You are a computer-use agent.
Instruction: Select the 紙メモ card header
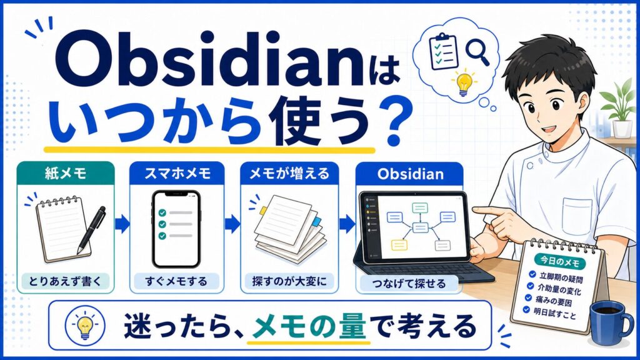coord(66,174)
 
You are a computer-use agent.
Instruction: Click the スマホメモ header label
coord(177,174)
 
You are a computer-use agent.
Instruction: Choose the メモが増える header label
coord(289,174)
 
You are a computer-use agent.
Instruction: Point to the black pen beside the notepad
coord(91,230)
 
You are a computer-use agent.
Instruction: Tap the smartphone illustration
coord(176,229)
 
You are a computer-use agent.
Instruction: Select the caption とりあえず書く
coord(65,281)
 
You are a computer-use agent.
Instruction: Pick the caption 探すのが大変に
coord(289,281)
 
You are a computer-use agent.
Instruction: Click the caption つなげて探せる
coord(409,283)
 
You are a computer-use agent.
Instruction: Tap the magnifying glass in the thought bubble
coord(478,52)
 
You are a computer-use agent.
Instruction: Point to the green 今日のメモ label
coord(559,262)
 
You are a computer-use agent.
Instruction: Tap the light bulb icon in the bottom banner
coord(85,325)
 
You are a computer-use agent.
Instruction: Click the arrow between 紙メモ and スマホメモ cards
coord(122,224)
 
